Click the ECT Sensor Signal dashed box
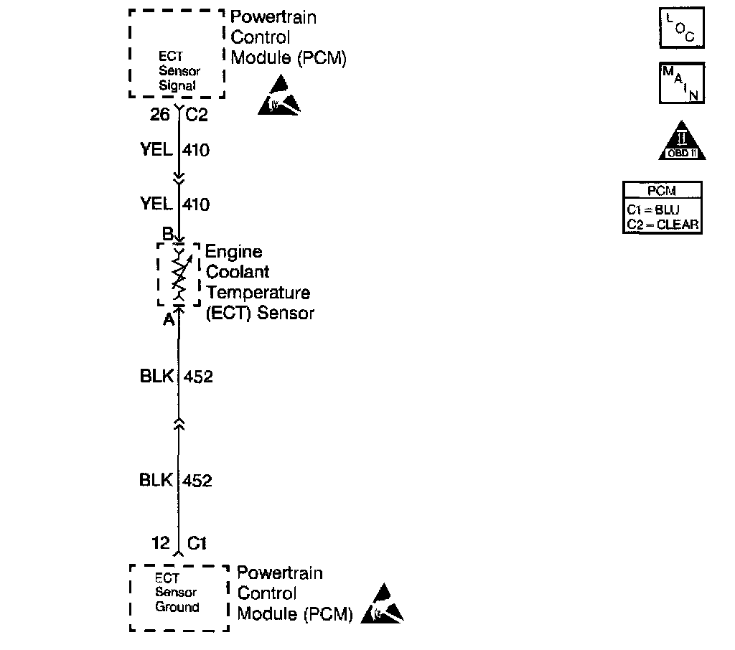pos(177,54)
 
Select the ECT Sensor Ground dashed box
pos(179,597)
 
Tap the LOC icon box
pos(681,27)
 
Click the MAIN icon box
pos(681,83)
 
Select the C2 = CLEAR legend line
pos(662,224)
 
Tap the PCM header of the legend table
pos(661,192)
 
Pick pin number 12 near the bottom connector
pos(161,543)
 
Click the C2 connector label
pos(197,114)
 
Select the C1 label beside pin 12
pos(197,543)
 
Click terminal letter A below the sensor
pos(168,320)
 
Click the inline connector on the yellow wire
pos(179,176)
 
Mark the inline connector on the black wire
pos(179,425)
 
